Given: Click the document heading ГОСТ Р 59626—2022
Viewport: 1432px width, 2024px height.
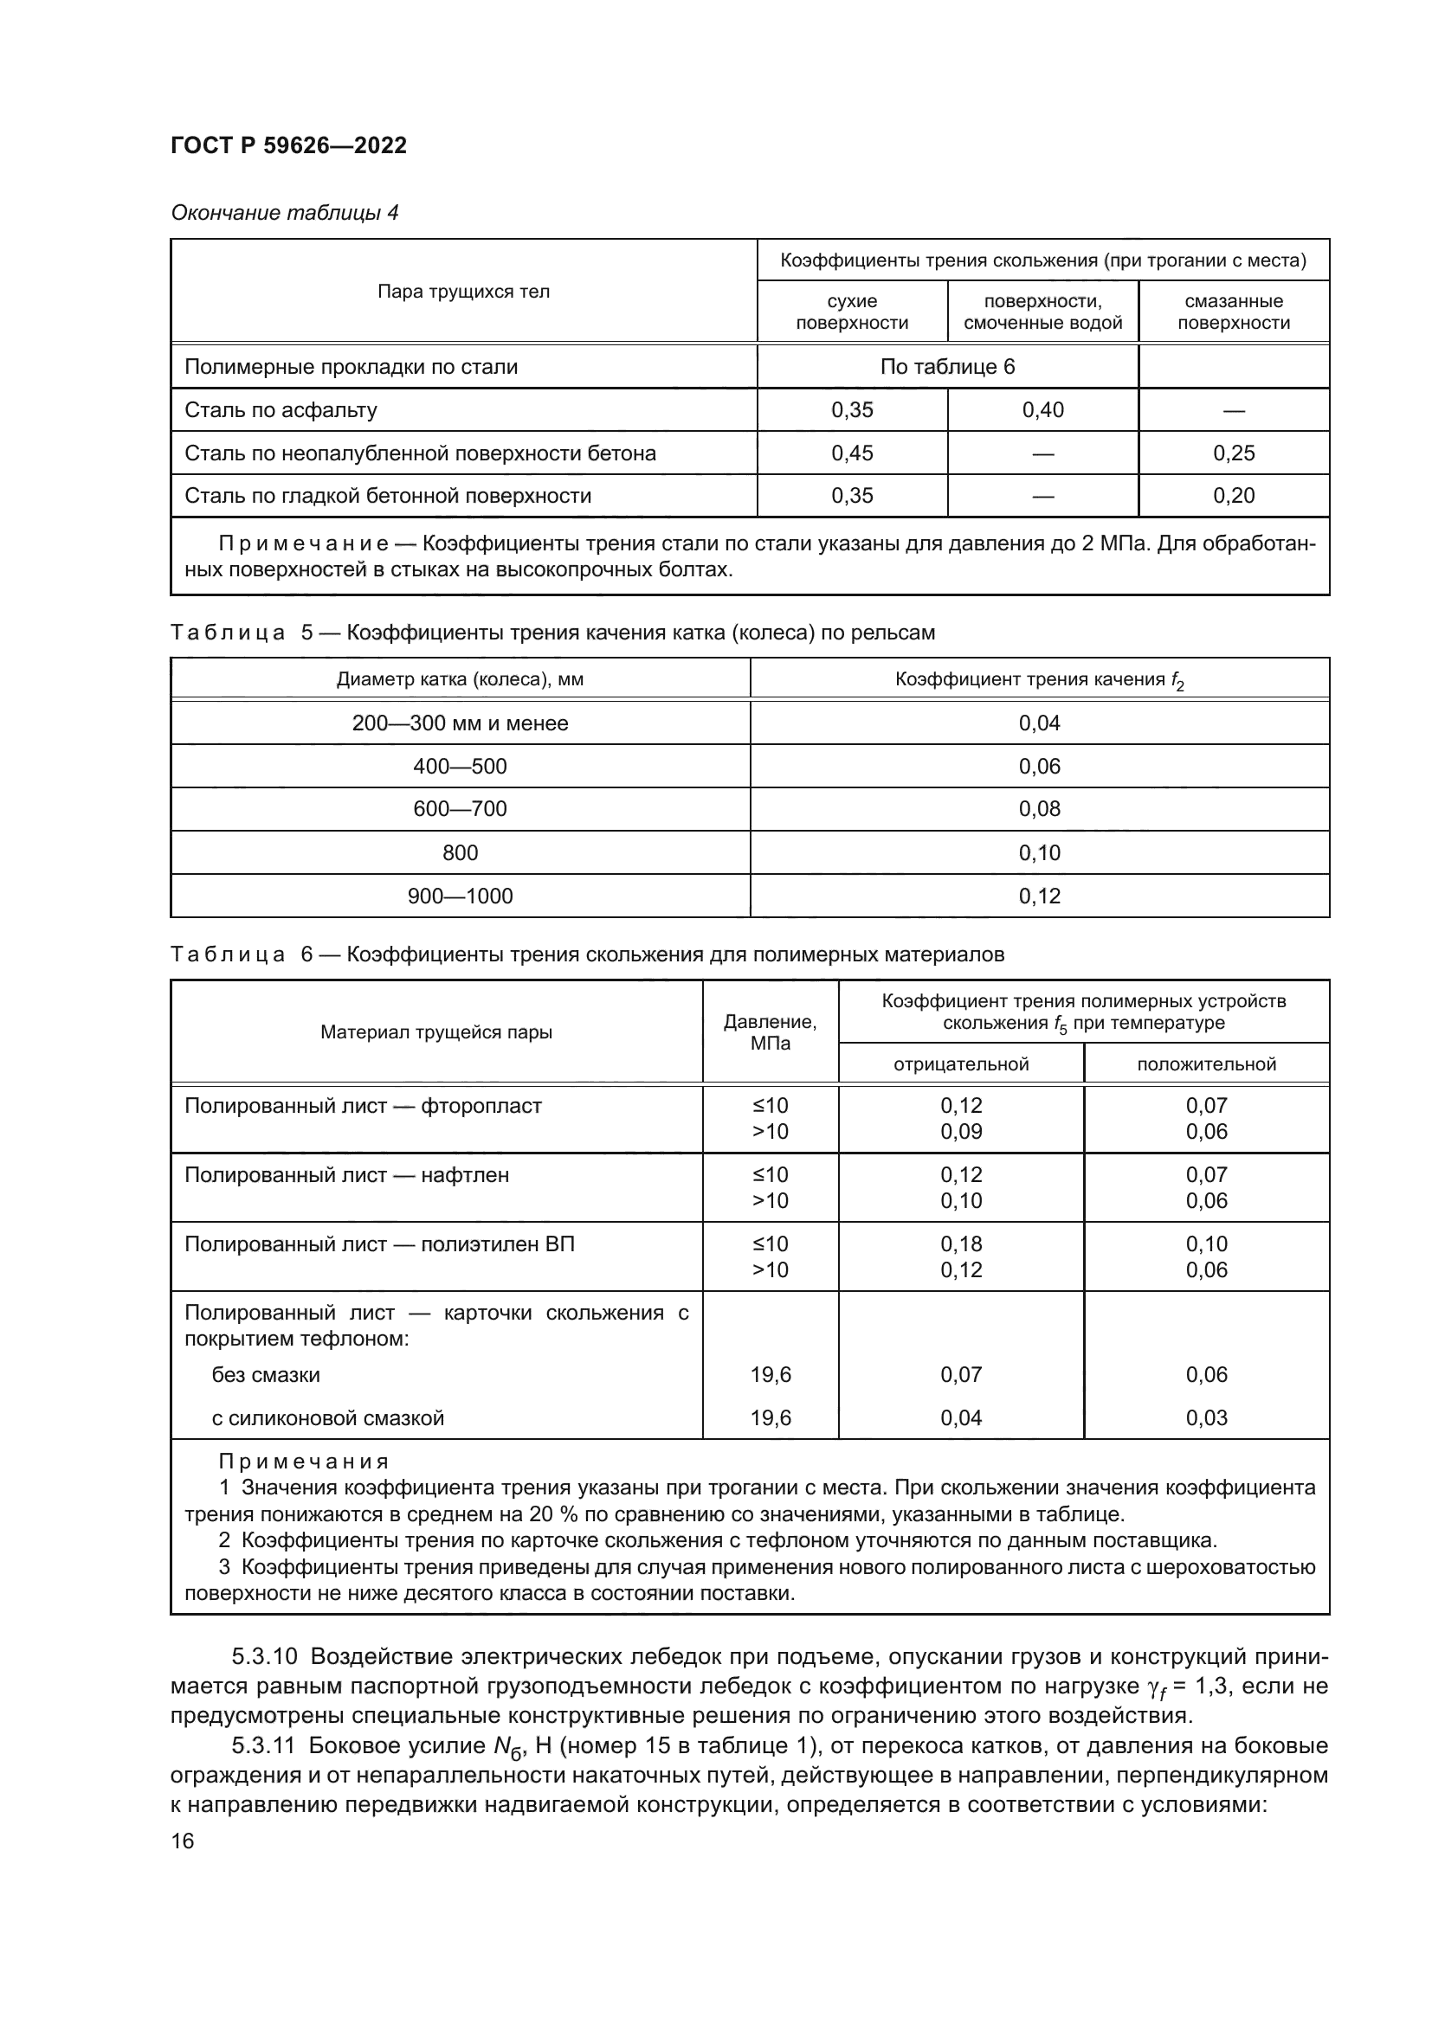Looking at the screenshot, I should coord(288,145).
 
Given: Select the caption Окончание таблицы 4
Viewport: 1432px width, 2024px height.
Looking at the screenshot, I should coord(284,213).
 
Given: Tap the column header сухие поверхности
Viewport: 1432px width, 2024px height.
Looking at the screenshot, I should coord(851,312).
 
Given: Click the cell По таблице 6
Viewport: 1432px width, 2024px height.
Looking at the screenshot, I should coord(947,367).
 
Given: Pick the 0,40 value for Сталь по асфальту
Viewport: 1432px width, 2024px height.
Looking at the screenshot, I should coord(1042,410).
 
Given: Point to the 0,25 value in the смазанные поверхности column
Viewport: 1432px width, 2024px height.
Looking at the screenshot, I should coord(1233,453).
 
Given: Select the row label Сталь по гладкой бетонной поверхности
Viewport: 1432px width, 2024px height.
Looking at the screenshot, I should coord(387,496).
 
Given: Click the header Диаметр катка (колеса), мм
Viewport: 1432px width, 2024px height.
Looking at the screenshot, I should coord(460,679).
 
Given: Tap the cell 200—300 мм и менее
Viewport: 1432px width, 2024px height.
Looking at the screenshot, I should coord(460,723).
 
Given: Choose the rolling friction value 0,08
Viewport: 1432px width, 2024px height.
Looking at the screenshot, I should coord(1039,808).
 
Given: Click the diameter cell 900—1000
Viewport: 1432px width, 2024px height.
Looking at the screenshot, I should coord(460,896).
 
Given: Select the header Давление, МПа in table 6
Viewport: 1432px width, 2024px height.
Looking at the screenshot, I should coord(769,1032).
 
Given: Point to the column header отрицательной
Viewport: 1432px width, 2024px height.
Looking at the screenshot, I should coord(960,1064).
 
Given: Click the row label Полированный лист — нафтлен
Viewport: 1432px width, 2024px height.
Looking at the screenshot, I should coord(346,1175).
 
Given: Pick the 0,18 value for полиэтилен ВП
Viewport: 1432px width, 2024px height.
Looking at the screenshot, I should coord(960,1243).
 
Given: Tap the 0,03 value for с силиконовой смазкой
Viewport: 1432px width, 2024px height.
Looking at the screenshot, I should coord(1205,1417).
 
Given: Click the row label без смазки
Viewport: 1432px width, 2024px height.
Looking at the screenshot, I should coord(266,1374).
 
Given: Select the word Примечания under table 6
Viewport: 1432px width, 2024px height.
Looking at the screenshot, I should coord(302,1462).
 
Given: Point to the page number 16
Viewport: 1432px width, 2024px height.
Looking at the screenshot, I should coord(183,1841).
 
